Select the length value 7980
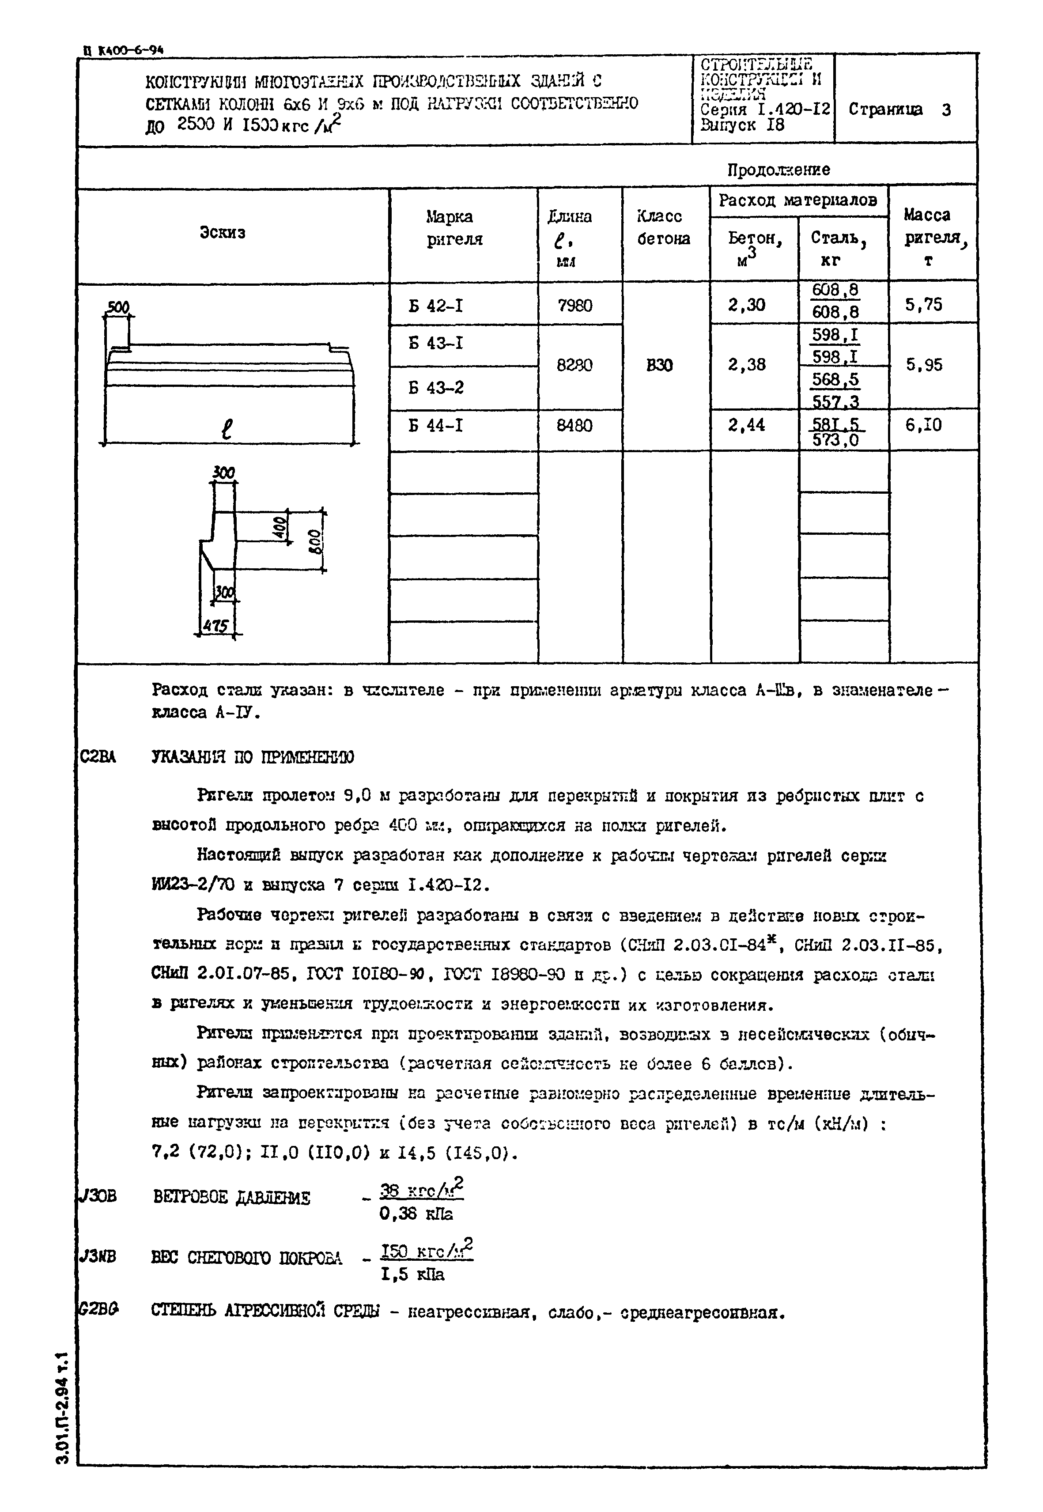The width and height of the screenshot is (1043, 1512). [x=575, y=306]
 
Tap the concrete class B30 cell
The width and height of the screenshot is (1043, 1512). [x=659, y=365]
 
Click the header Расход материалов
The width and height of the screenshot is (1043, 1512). [x=797, y=200]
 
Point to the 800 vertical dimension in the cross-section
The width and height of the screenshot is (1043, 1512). [x=314, y=541]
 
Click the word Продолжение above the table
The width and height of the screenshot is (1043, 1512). [x=778, y=170]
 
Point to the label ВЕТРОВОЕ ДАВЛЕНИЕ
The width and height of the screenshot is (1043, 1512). [x=232, y=1198]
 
